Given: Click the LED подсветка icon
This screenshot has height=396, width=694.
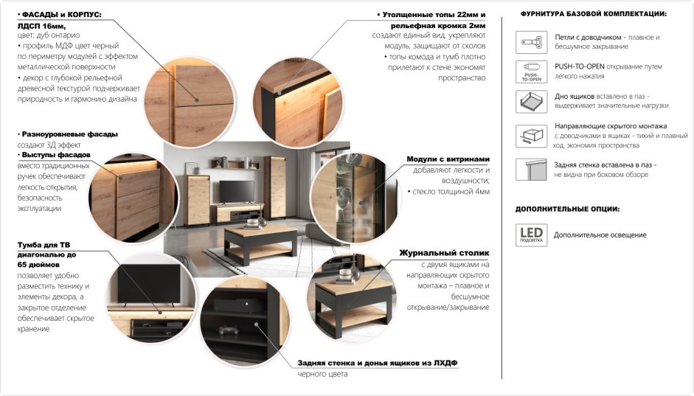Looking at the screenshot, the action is [x=531, y=235].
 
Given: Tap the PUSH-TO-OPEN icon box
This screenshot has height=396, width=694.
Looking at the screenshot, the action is [x=532, y=72].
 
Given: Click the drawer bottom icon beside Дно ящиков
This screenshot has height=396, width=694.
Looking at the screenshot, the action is [x=532, y=101].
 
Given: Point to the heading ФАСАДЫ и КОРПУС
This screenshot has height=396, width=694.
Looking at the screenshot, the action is [x=61, y=15].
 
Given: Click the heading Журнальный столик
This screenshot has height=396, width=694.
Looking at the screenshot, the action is [x=445, y=253].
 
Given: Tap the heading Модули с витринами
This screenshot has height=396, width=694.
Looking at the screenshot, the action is [x=448, y=159].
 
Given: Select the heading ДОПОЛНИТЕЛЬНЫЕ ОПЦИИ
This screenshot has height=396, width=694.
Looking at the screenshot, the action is [x=567, y=209].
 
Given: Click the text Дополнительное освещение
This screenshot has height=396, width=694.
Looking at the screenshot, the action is [x=600, y=235].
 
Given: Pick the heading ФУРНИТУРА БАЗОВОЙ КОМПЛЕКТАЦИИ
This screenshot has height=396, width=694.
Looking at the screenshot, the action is [x=594, y=14].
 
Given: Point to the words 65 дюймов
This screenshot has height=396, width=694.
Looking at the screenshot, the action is [x=38, y=265].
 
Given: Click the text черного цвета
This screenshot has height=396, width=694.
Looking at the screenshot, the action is [x=322, y=374].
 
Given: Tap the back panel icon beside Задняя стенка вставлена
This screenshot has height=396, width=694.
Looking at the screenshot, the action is [x=532, y=169].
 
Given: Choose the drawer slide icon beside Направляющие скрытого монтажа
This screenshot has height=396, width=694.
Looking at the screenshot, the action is [x=532, y=136].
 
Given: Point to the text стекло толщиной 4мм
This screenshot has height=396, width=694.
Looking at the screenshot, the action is [x=451, y=192].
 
